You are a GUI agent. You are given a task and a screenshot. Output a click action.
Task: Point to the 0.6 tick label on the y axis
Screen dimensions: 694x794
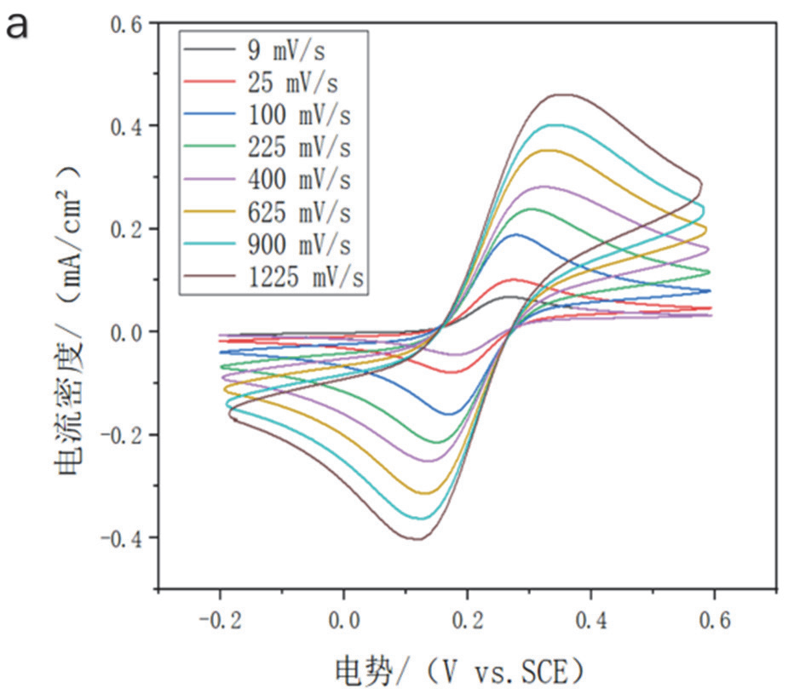point(129,23)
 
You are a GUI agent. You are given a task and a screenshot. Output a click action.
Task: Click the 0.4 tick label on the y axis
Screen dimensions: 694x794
point(129,126)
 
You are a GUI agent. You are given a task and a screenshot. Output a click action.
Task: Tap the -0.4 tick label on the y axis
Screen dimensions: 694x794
point(123,538)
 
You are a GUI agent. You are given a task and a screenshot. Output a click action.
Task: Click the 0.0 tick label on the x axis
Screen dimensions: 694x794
point(343,621)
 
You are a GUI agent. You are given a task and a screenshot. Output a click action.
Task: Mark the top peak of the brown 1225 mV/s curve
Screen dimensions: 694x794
point(561,95)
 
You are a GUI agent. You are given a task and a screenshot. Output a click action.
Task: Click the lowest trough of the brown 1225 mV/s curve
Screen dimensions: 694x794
point(417,539)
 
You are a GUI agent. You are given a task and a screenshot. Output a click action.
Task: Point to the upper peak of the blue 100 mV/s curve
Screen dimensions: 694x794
point(516,234)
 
